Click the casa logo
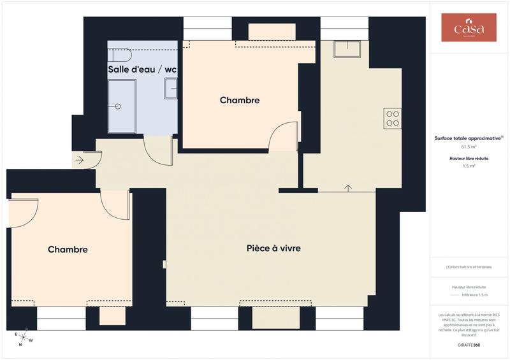click(469, 28)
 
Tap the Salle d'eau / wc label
click(143, 69)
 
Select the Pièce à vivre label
click(273, 248)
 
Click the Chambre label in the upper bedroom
click(240, 101)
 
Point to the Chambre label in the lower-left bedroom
click(68, 250)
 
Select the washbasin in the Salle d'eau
click(171, 88)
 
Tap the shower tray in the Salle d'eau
click(122, 106)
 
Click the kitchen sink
click(347, 48)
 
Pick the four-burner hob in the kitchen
click(392, 118)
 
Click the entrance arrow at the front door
click(80, 161)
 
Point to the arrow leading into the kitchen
click(348, 187)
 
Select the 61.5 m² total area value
click(469, 147)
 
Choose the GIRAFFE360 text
click(469, 344)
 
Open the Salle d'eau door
click(158, 149)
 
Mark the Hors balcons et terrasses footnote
click(469, 267)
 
